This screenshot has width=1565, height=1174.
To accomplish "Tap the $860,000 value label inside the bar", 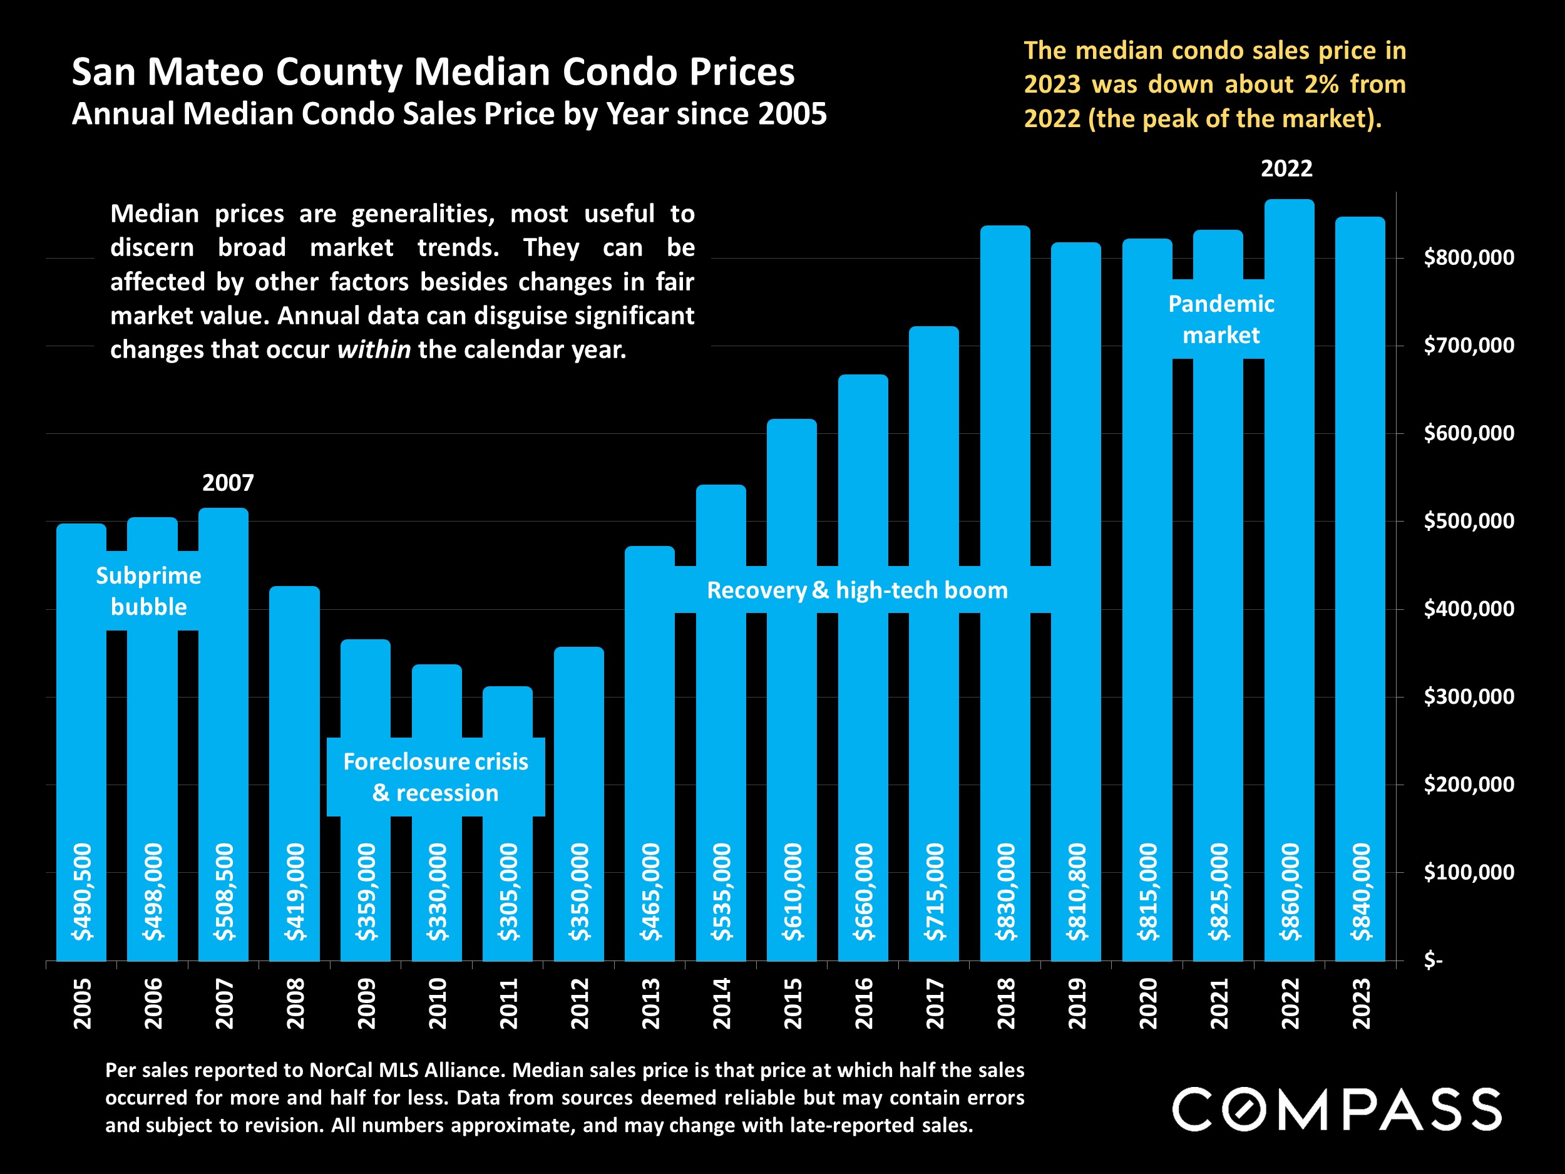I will (x=1289, y=892).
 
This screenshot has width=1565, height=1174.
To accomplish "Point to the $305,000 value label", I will (x=507, y=892).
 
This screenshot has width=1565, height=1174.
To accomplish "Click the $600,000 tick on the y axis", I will (x=1469, y=433).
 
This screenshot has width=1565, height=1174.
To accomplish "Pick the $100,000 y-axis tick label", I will (x=1469, y=873).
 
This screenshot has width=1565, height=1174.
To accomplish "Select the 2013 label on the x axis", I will (x=650, y=1004).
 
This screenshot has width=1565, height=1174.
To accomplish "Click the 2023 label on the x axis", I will (x=1360, y=1004).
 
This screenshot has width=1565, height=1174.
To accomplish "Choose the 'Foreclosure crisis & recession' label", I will (x=436, y=777).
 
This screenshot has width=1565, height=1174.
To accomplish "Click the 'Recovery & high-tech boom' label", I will (x=858, y=590).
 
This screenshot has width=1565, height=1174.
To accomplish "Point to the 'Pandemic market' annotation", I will (x=1221, y=319).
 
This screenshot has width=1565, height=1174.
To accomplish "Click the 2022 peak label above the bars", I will (x=1286, y=168).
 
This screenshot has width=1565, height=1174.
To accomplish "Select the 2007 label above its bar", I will (x=228, y=483).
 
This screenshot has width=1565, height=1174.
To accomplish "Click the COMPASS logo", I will (x=1337, y=1109).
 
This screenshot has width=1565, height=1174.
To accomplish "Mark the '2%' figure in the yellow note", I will (x=1321, y=84).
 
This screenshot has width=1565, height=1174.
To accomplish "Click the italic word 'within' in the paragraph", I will (x=374, y=349).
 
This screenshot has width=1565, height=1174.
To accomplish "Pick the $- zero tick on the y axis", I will (x=1434, y=960).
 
